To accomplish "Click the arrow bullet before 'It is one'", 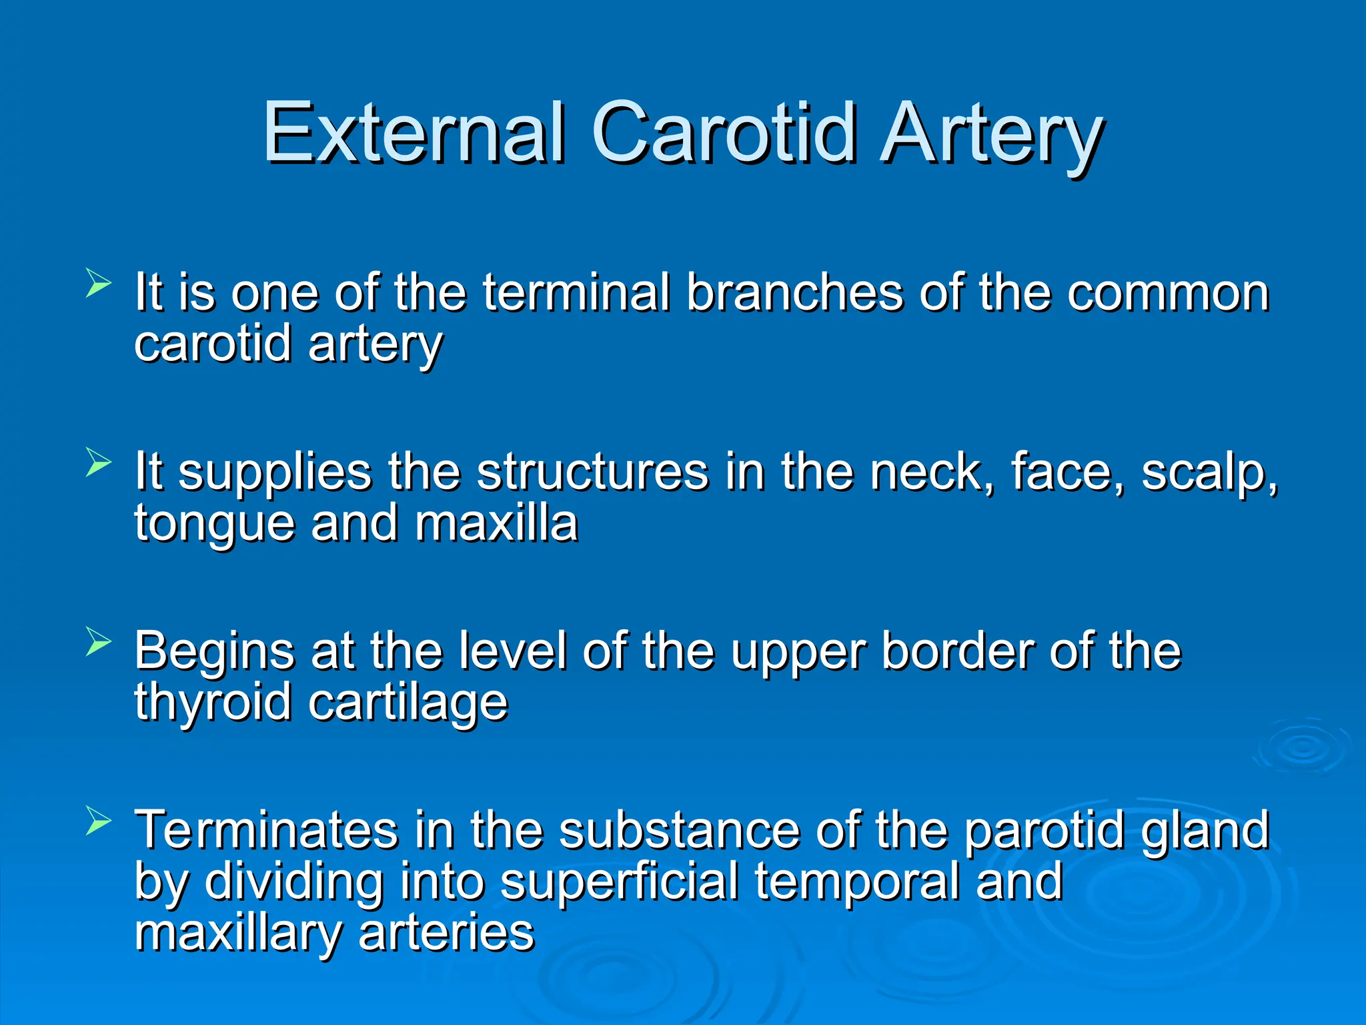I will tap(98, 283).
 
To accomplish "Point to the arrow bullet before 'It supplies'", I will tap(98, 462).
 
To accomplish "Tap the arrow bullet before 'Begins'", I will tap(98, 642).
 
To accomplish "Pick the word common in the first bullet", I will tap(1167, 294).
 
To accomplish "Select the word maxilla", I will tap(496, 523).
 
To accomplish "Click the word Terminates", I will tap(266, 830).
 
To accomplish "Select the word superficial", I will tap(619, 882).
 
